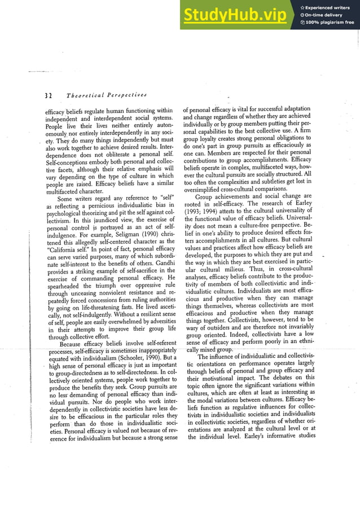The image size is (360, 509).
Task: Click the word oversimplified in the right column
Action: click(x=203, y=188)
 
